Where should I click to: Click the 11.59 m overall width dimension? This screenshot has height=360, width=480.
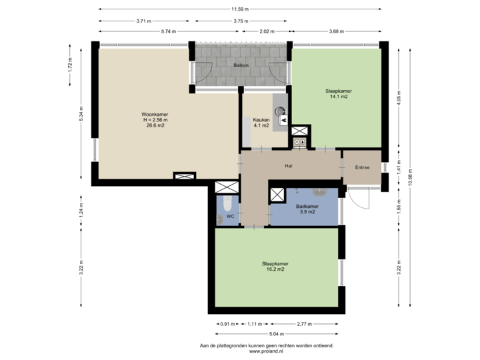point(239,9)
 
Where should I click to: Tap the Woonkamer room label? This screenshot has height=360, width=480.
point(154,119)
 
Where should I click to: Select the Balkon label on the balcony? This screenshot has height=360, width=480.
point(241,65)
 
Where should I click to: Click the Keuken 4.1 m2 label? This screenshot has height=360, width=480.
point(261,123)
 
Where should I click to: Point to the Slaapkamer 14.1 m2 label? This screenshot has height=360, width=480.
point(339,93)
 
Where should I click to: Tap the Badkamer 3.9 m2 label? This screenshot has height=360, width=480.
point(307,209)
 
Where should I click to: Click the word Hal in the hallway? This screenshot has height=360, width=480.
point(289,167)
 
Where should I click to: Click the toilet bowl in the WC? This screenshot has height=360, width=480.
point(227,203)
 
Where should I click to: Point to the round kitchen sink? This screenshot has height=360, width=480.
point(279,110)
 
